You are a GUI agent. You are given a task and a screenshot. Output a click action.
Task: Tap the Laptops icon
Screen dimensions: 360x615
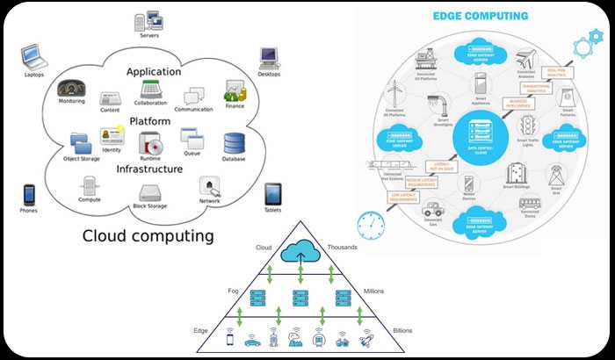33,58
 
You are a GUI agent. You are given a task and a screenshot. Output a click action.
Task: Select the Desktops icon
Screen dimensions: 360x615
269,58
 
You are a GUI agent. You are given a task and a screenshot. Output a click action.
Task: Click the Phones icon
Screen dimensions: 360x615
29,194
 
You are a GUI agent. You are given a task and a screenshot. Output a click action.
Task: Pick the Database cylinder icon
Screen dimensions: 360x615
234,143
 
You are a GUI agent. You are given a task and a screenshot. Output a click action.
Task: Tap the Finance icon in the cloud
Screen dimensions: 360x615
234,90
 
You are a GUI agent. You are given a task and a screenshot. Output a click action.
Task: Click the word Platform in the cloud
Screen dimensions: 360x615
150,120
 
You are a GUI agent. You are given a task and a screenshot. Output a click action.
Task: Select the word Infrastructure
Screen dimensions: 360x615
150,169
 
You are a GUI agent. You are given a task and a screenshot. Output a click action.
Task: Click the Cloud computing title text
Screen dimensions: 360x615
148,235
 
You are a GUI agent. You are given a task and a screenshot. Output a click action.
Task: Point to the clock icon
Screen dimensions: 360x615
372,225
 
